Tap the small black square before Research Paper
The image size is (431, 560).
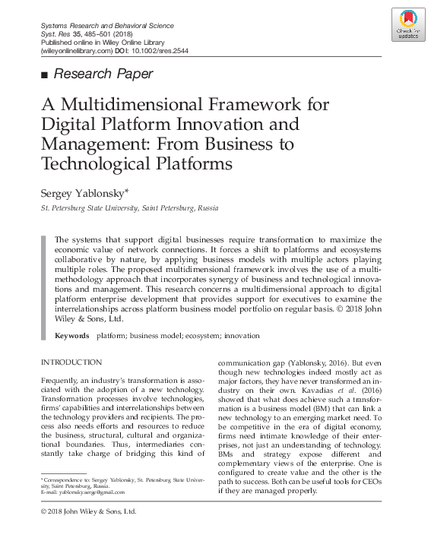click(x=44, y=74)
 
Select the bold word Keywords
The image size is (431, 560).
click(x=72, y=335)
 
